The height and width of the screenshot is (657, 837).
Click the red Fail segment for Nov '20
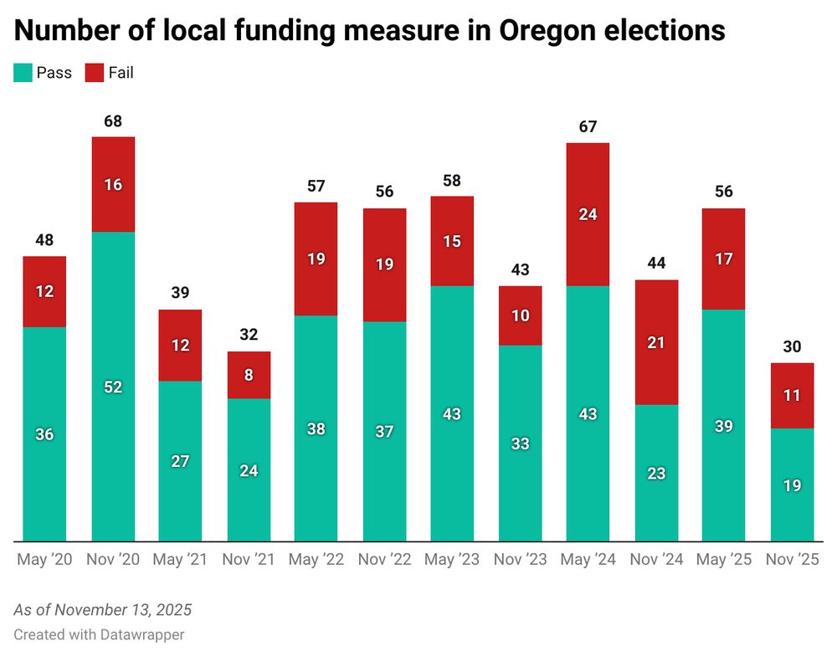(x=113, y=184)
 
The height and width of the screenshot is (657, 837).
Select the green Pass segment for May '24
(x=588, y=413)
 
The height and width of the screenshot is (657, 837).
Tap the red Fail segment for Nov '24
(x=656, y=342)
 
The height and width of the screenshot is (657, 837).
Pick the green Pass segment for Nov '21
(x=249, y=470)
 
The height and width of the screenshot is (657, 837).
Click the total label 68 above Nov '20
(x=113, y=121)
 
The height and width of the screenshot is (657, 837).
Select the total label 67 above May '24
(x=588, y=127)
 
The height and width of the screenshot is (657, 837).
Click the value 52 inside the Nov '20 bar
(x=113, y=387)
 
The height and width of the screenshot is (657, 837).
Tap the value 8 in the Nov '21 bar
(x=249, y=375)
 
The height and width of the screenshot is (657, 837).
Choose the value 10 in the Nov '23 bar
(x=520, y=316)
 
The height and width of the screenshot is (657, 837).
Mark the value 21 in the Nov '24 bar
(x=656, y=342)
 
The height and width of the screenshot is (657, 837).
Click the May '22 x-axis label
(x=316, y=560)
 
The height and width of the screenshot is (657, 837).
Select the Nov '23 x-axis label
(x=520, y=560)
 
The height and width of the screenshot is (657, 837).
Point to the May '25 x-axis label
(x=723, y=560)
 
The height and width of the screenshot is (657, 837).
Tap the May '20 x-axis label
(x=44, y=560)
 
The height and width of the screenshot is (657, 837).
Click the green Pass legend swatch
(x=23, y=73)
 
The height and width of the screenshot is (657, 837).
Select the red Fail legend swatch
(x=94, y=73)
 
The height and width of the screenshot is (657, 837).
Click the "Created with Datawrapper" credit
(x=99, y=634)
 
